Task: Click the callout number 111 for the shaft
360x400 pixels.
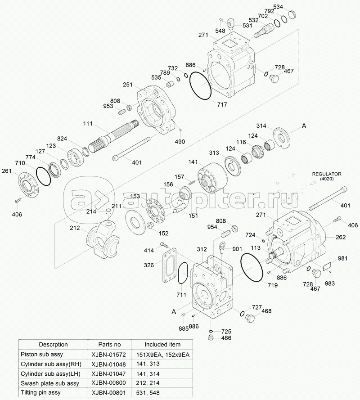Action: click(88, 123)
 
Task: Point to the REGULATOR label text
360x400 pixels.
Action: click(327, 174)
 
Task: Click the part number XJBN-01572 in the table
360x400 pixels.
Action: click(109, 355)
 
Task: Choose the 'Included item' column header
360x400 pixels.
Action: click(162, 344)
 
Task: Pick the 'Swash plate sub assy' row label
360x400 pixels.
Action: click(50, 383)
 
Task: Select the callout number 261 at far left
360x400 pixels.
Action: click(7, 171)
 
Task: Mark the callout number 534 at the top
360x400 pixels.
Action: click(278, 7)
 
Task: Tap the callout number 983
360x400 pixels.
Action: click(330, 283)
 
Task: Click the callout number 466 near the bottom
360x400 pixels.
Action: click(226, 338)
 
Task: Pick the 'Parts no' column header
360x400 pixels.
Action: click(109, 344)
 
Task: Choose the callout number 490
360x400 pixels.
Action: click(180, 142)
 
